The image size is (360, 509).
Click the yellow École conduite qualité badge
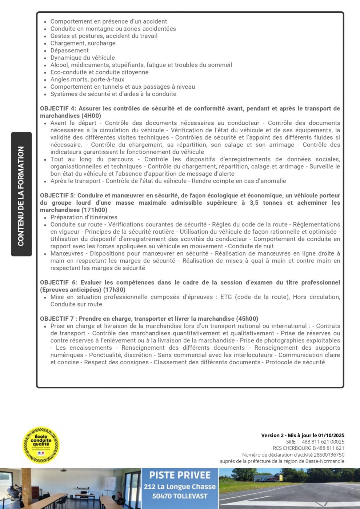(41, 445)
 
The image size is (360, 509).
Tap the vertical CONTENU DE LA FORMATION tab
(21, 194)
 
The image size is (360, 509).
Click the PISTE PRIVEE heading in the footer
(180, 475)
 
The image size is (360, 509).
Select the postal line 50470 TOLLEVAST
(180, 496)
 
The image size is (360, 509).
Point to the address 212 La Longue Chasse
(180, 487)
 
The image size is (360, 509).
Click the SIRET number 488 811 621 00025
(323, 442)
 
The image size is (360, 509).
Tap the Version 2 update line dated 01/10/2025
(303, 435)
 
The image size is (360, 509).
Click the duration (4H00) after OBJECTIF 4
(91, 116)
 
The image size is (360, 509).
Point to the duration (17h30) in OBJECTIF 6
(114, 290)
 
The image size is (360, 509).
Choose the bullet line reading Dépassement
(69, 51)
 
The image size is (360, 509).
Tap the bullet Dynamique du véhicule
(83, 58)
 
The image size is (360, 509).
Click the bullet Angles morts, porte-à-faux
(87, 80)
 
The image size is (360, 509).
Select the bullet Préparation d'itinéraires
(84, 217)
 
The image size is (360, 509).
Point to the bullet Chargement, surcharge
(83, 43)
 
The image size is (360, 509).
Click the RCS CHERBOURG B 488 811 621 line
(308, 448)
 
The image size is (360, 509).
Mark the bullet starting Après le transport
(168, 181)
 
